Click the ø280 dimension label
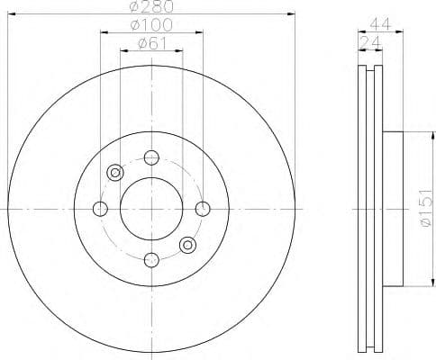pyautogui.click(x=151, y=7)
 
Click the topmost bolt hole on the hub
pyautogui.click(x=151, y=158)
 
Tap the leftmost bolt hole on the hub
pyautogui.click(x=100, y=209)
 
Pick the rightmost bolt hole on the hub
pyautogui.click(x=203, y=209)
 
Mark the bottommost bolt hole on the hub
pyautogui.click(x=151, y=260)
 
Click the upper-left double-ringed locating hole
pyautogui.click(x=114, y=173)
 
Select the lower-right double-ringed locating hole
pyautogui.click(x=187, y=245)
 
